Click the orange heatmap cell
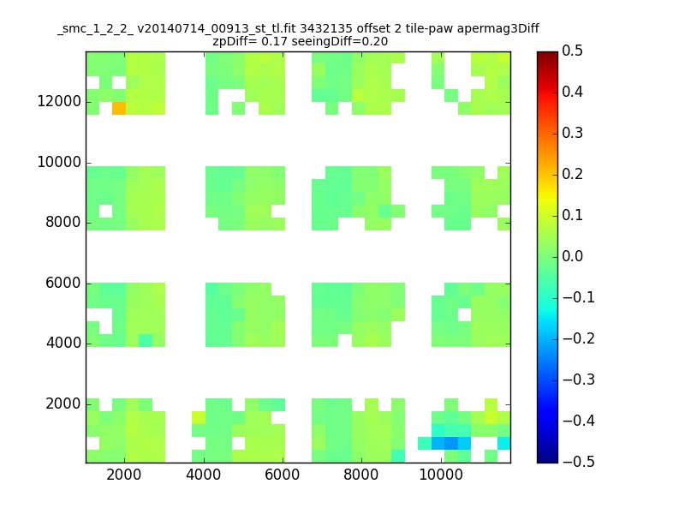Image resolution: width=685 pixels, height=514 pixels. point(119,108)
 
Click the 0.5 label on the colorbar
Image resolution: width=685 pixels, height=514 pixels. point(573,51)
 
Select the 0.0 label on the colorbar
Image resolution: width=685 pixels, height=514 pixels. point(573,256)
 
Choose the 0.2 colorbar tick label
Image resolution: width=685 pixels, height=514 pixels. point(573,174)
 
